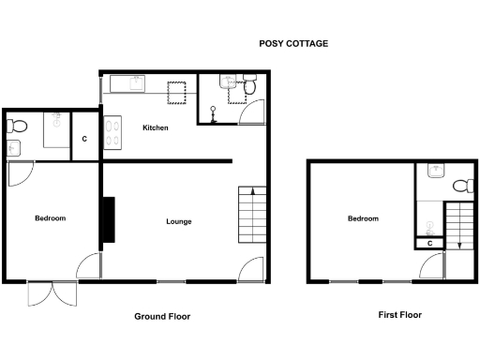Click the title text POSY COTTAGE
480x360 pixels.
pyautogui.click(x=293, y=44)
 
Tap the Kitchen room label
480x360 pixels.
pyautogui.click(x=155, y=127)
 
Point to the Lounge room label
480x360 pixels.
pyautogui.click(x=179, y=222)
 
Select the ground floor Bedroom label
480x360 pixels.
pyautogui.click(x=50, y=218)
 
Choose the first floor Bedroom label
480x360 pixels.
pyautogui.click(x=363, y=218)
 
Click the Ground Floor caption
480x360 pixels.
pyautogui.click(x=162, y=317)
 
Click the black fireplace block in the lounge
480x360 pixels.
pyautogui.click(x=109, y=220)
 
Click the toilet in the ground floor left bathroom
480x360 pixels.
pyautogui.click(x=18, y=126)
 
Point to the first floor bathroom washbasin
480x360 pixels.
pyautogui.click(x=435, y=172)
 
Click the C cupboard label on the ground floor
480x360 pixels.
pyautogui.click(x=84, y=140)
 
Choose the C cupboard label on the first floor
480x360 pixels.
pyautogui.click(x=429, y=244)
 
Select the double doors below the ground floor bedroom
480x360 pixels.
pyautogui.click(x=49, y=292)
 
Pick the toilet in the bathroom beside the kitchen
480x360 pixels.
pyautogui.click(x=250, y=88)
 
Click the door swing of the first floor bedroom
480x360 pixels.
pyautogui.click(x=433, y=270)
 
